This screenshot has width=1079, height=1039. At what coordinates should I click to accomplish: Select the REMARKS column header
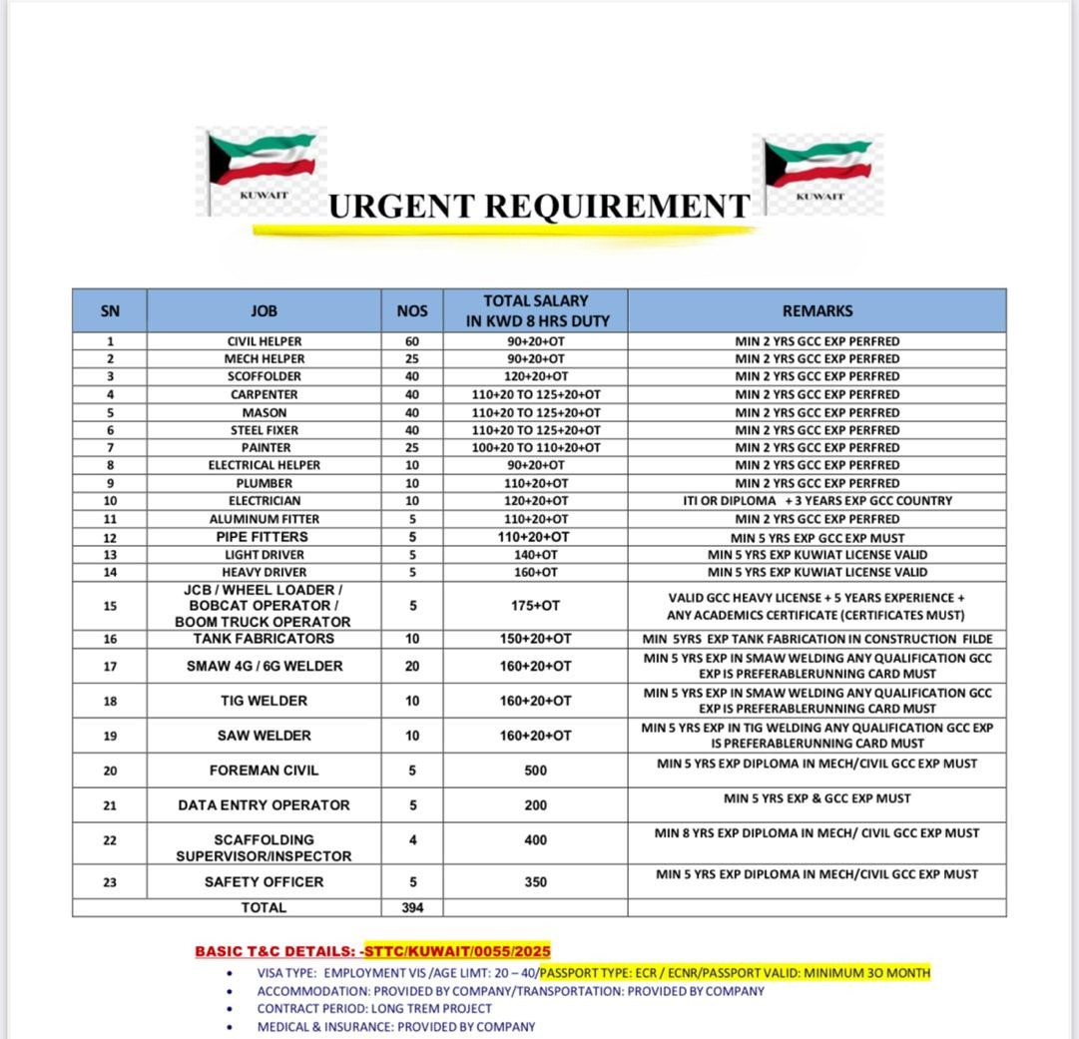pos(816,310)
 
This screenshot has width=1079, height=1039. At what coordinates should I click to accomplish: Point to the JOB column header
pos(264,310)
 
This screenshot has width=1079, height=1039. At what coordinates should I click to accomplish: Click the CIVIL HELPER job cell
pos(264,341)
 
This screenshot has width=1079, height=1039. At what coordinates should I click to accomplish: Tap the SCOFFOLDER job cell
pos(264,376)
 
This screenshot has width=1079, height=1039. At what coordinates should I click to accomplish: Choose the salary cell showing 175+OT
pos(535,605)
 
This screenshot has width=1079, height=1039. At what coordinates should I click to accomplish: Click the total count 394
pos(412,907)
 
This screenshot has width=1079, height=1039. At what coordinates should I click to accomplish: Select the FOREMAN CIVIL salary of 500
pos(535,771)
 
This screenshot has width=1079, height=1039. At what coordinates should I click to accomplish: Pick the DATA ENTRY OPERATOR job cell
pos(264,804)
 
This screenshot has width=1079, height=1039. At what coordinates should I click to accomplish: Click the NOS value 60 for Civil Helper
pos(412,341)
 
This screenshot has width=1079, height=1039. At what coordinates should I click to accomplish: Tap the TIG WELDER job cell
pos(264,701)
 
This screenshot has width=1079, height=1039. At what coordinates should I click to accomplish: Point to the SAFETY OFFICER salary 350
pos(535,882)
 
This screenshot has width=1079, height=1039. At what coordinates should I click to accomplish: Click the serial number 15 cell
pos(110,605)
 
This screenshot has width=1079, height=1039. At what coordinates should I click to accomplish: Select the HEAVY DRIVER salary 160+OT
pos(535,572)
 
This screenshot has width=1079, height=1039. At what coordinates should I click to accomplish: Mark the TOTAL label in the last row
pos(264,907)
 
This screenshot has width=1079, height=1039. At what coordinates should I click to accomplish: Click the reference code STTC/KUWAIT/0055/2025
pos(457,951)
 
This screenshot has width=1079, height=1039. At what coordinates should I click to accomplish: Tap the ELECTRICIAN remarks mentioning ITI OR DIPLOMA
pos(816,500)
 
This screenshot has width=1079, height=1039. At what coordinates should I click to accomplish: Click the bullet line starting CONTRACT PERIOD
pos(374,1008)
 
